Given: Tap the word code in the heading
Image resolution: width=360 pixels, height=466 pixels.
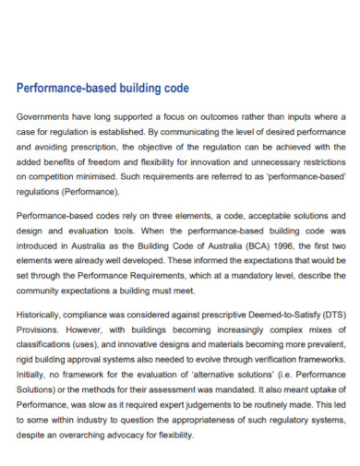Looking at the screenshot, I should pyautogui.click(x=174, y=89).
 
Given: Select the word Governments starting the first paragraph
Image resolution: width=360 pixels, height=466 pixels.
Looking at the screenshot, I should pyautogui.click(x=45, y=117).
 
